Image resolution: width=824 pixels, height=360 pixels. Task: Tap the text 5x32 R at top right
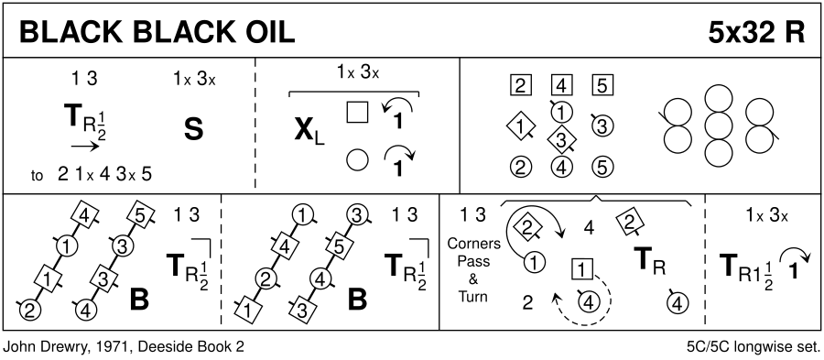point(757,34)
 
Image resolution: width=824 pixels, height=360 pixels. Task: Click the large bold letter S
point(193,130)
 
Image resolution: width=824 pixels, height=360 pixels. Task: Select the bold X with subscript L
point(309,131)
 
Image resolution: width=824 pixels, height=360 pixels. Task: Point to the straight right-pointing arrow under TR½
point(85,147)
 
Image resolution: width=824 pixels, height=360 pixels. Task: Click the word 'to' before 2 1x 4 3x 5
point(37,176)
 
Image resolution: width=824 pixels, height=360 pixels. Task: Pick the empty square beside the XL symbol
point(357,112)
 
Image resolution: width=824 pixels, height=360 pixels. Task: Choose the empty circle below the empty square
point(357,159)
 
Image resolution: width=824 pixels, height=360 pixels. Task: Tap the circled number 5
point(602,168)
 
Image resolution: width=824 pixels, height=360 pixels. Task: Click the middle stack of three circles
point(719,125)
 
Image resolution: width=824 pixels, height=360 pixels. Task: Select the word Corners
point(473,244)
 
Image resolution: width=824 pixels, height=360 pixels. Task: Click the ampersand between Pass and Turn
point(473,278)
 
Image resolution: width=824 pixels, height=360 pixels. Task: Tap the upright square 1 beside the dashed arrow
point(581,270)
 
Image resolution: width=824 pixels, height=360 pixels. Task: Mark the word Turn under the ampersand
point(473,297)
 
